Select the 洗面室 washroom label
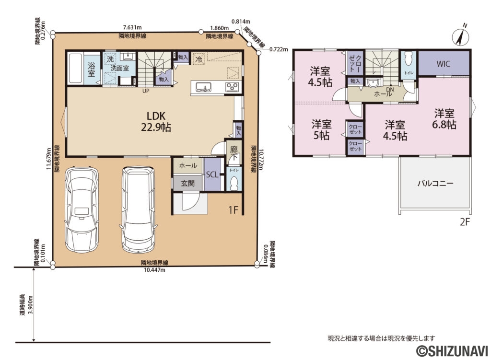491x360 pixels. click(x=119, y=68)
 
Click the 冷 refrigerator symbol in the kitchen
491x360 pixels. click(x=198, y=60)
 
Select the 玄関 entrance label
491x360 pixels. click(x=187, y=183)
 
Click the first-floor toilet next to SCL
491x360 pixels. click(x=234, y=182)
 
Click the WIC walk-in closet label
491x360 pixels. click(x=443, y=64)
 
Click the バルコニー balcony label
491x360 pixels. click(x=435, y=183)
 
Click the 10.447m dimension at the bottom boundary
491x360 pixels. click(x=154, y=270)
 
